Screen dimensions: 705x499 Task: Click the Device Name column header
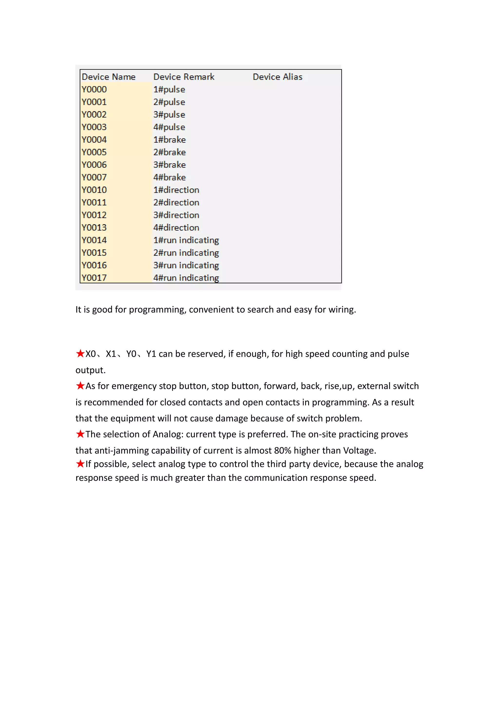point(108,77)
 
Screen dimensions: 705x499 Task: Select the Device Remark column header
point(184,77)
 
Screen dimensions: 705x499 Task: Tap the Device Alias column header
point(278,77)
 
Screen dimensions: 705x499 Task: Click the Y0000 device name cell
point(94,89)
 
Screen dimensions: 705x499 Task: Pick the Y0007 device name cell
point(94,177)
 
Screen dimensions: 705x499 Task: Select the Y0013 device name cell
point(94,228)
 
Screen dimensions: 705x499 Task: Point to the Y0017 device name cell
point(94,278)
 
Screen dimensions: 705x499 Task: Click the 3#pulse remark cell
point(169,114)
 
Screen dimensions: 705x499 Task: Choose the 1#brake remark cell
point(170,140)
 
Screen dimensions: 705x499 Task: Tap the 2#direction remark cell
point(176,202)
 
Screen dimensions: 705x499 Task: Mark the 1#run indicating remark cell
point(186,240)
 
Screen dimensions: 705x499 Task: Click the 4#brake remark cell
point(170,177)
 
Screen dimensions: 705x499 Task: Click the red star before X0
point(80,353)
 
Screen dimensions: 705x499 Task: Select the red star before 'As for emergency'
point(80,385)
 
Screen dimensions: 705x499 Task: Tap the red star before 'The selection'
point(80,434)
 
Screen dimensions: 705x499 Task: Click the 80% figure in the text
point(282,450)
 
